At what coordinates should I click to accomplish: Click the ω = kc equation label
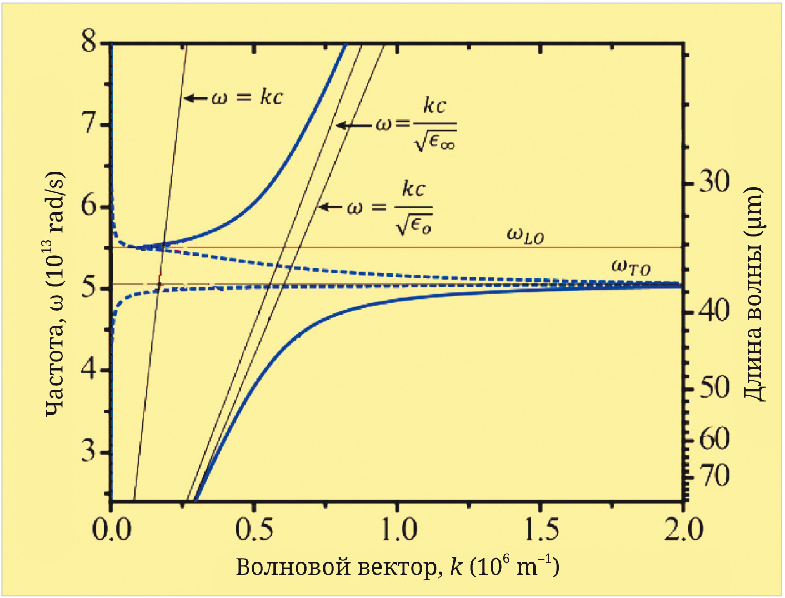[x=247, y=98]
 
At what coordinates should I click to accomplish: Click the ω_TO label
[x=630, y=267]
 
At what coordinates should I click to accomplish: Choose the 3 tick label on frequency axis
[x=89, y=451]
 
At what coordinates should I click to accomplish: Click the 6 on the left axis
[x=89, y=206]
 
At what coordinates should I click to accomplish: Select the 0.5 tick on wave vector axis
[x=254, y=530]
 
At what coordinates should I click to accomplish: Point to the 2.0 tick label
[x=683, y=530]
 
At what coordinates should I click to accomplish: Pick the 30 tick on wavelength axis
[x=714, y=182]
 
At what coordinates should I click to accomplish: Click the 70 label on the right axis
[x=714, y=476]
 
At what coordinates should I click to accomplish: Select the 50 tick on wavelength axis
[x=714, y=387]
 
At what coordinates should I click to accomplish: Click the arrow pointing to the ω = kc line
[x=196, y=98]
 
